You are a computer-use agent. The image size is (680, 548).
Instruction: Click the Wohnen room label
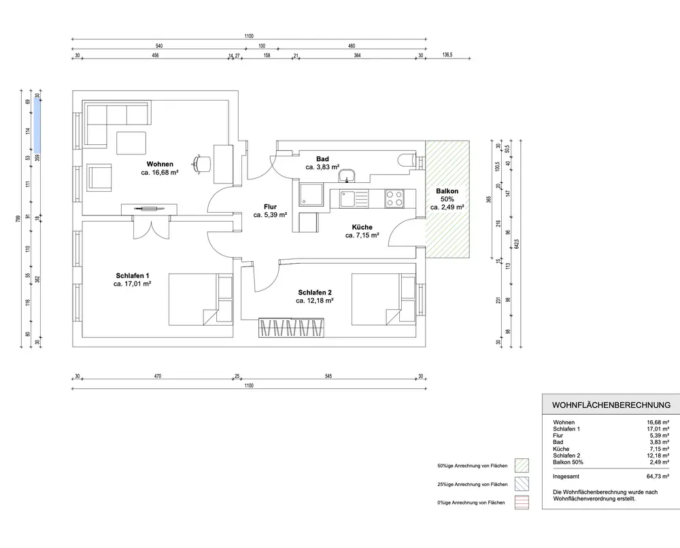(160, 164)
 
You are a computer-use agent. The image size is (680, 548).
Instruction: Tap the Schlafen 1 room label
(133, 276)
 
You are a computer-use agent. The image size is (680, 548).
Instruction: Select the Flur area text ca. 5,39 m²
(270, 215)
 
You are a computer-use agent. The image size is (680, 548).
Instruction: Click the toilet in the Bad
(407, 160)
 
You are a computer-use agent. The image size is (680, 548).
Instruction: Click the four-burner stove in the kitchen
(394, 199)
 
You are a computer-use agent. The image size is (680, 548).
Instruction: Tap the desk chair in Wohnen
(201, 163)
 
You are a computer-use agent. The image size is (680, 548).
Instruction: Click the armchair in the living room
(99, 177)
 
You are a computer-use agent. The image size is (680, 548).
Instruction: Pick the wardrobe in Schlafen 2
(292, 328)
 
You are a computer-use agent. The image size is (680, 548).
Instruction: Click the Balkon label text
(447, 191)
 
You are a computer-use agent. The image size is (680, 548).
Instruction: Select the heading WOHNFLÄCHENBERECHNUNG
(611, 405)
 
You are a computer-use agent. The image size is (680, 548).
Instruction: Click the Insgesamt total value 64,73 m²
(658, 477)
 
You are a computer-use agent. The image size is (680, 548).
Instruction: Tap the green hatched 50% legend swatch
(522, 466)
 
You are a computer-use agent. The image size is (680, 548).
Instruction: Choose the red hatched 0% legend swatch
(522, 502)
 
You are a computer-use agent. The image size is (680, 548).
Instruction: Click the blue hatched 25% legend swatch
(522, 484)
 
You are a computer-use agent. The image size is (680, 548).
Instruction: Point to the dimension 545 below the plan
(328, 376)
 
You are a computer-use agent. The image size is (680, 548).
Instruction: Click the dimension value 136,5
(447, 55)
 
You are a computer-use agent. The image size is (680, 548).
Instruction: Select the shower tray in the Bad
(311, 194)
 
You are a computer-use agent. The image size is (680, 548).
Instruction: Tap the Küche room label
(362, 227)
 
